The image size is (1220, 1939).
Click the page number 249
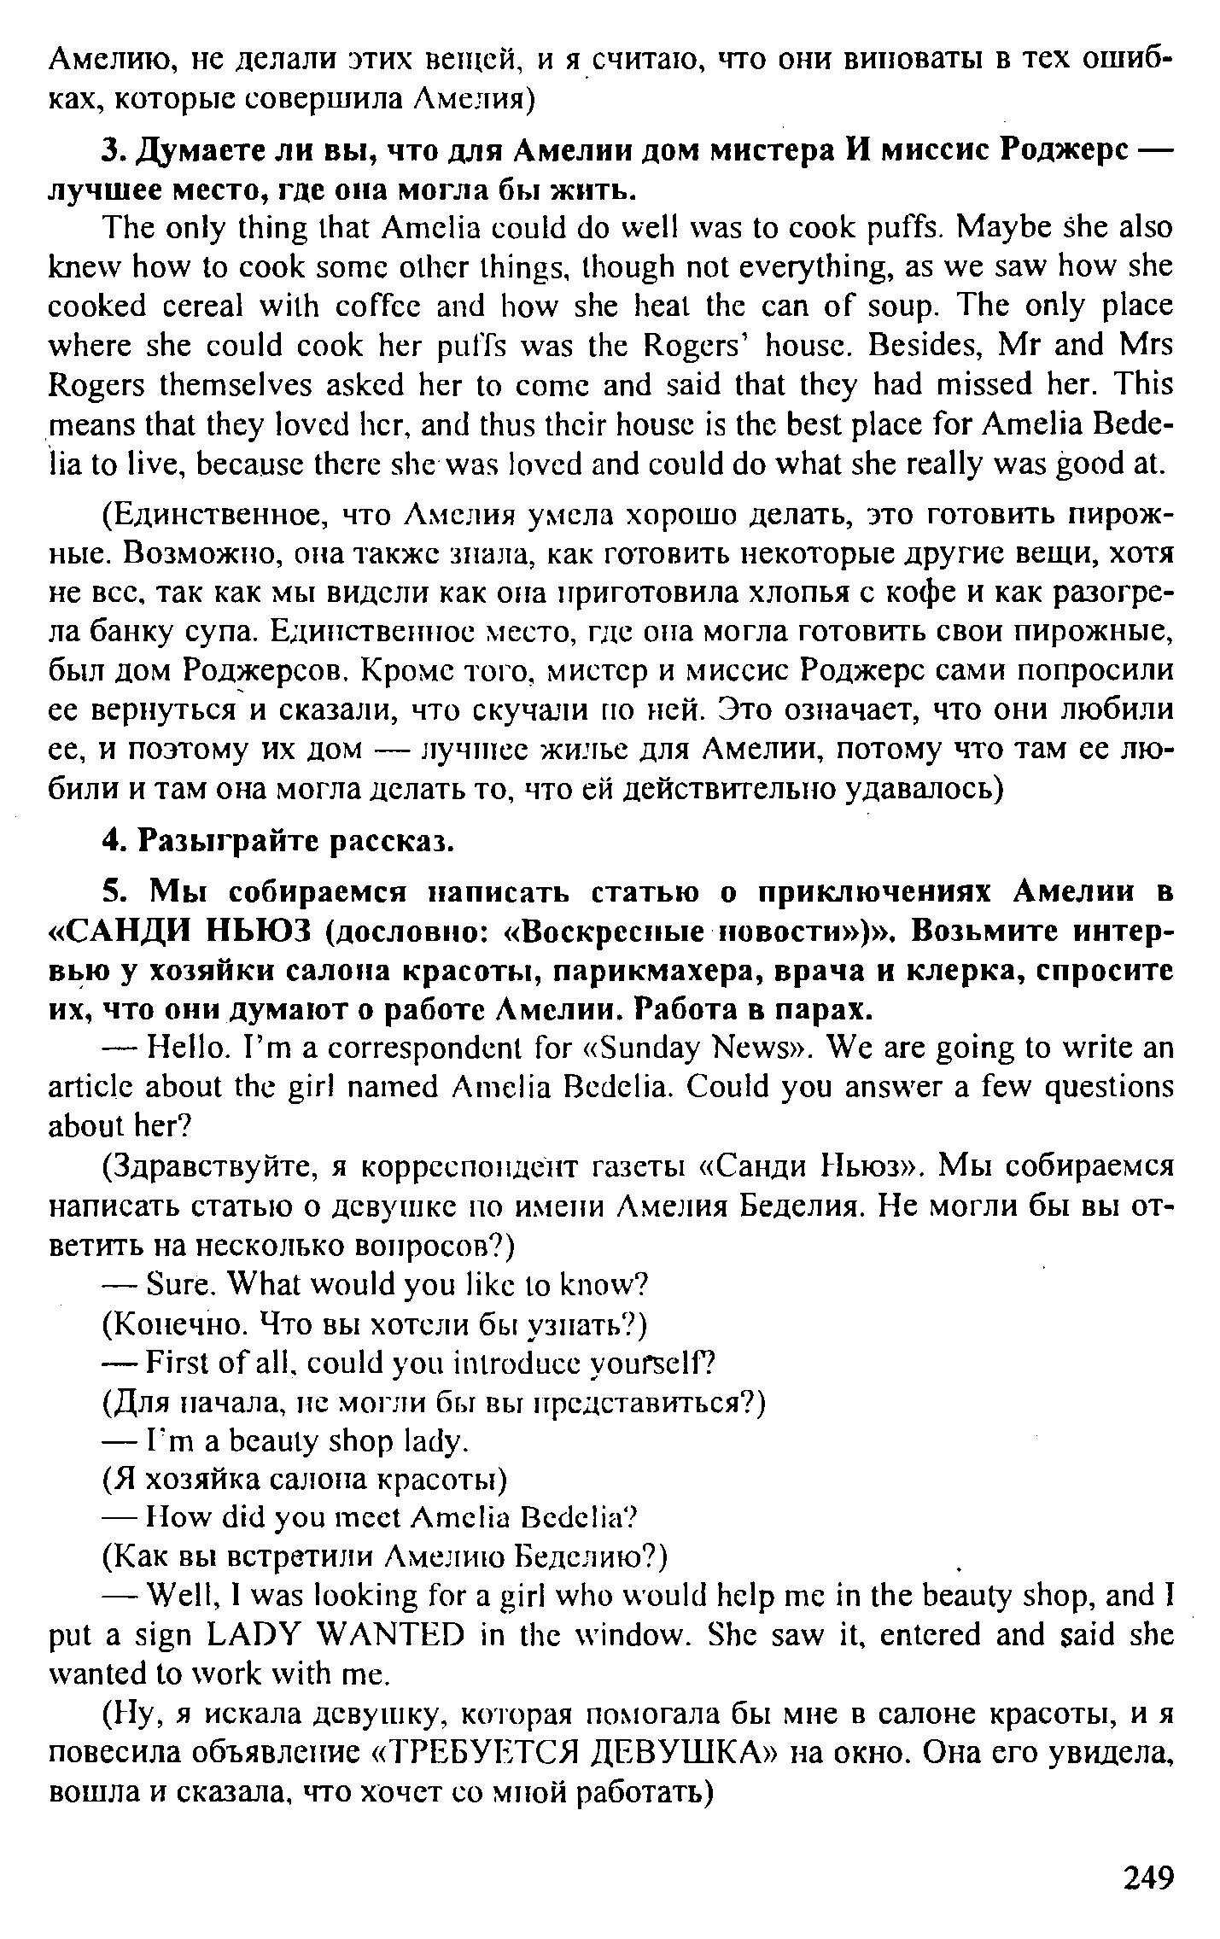tap(1148, 1878)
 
